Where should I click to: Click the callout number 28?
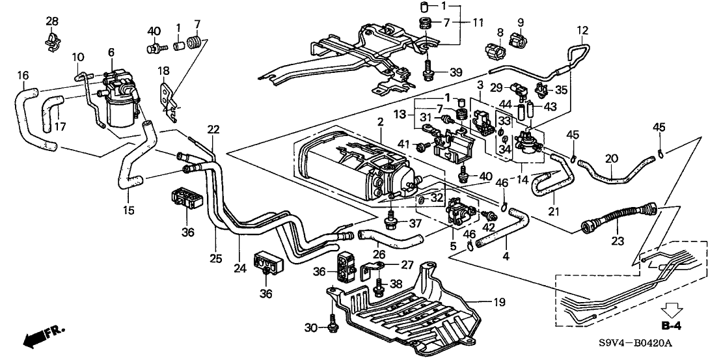[x=52, y=23]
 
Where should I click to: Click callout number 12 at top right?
[x=582, y=30]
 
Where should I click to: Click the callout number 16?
[x=23, y=76]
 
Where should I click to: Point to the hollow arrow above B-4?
[x=671, y=308]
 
